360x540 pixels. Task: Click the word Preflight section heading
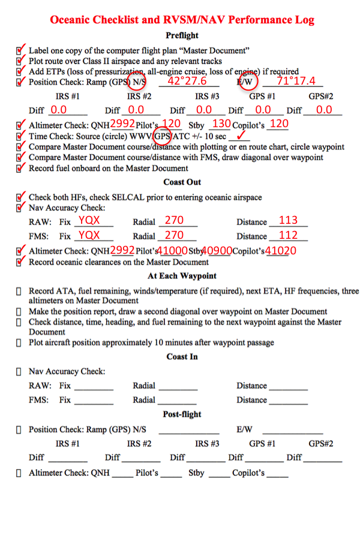[182, 36]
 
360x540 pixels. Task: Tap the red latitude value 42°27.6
[187, 81]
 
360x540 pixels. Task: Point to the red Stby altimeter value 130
[221, 124]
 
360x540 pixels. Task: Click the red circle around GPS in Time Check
[163, 136]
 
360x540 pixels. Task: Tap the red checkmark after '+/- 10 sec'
[243, 136]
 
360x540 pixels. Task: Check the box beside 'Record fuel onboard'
[21, 168]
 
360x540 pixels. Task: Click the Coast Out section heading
[182, 182]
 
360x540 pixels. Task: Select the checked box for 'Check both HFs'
[21, 197]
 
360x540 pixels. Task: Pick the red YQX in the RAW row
[89, 220]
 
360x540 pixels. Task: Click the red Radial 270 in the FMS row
[174, 235]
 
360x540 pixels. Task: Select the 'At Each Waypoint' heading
[182, 276]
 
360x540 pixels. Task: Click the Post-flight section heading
[182, 415]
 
